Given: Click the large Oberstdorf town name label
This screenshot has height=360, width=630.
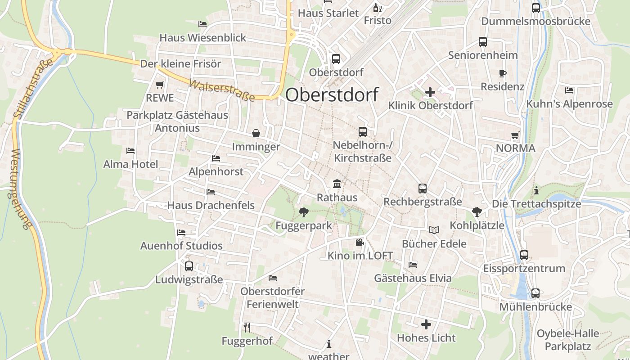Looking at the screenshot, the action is coord(332,94).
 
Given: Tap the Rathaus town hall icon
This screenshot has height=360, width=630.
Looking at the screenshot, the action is coord(337,184).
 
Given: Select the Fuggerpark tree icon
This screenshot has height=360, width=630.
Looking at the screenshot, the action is coord(304,212).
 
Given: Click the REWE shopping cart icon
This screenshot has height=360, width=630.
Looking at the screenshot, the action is coord(159,85).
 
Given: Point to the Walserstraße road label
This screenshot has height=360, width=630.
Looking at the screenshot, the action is coord(221,90).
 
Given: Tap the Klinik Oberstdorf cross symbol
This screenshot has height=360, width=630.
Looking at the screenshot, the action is coord(430,92).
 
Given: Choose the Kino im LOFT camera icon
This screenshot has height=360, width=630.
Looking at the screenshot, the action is coord(360,243).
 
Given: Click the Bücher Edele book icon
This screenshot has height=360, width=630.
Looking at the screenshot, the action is coord(434,230).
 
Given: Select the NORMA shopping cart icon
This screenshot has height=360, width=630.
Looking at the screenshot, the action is coord(515,135).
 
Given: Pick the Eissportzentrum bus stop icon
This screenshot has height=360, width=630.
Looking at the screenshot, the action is coord(524,255).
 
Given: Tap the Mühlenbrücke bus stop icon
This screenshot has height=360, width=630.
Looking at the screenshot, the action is coord(535,293).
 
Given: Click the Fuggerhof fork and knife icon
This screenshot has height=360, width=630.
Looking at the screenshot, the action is coord(247,327).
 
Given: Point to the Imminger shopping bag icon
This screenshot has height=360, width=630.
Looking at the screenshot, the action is coord(256,133).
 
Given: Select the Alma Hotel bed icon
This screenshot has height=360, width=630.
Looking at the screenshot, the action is coord(130,151).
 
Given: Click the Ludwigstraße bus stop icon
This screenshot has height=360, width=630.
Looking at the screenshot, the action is coord(189,266).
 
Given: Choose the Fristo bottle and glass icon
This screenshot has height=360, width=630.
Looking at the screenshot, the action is coord(377,8).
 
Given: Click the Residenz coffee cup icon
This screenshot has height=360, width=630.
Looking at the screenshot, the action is coord(503,73).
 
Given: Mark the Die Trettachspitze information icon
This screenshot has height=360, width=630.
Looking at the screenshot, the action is coord(536,190).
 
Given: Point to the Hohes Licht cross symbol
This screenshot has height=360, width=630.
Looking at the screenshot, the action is coord(426,324).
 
